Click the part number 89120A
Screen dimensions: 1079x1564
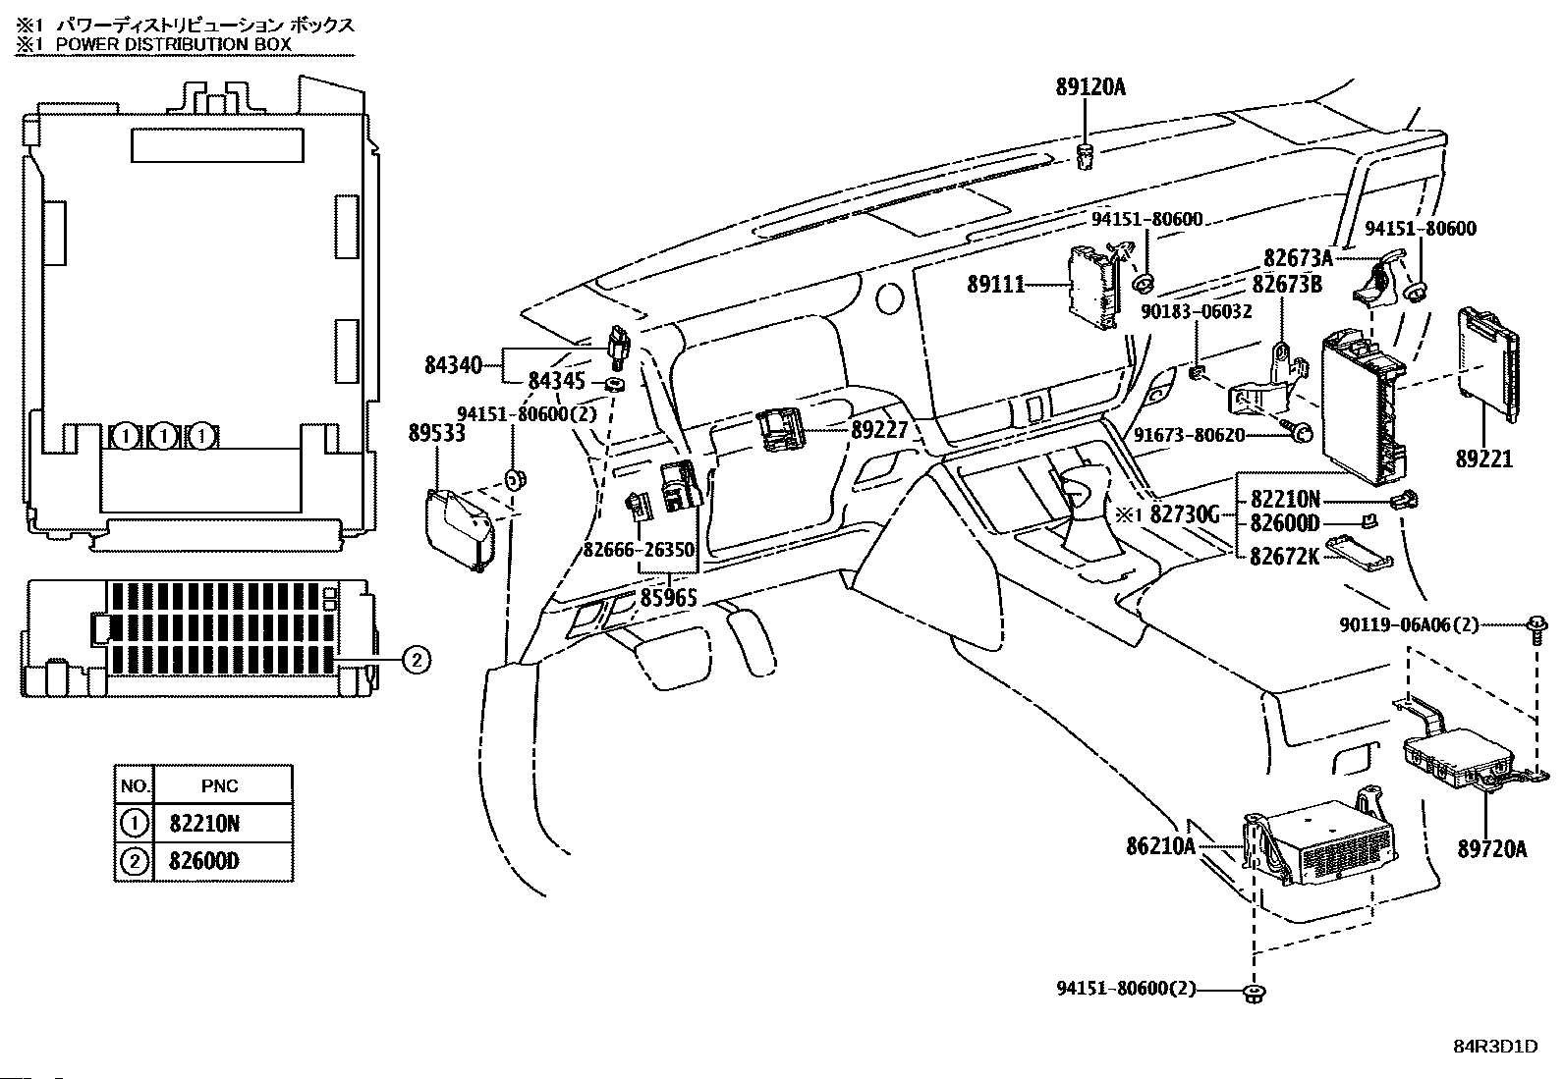coord(1090,87)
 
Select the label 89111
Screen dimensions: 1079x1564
coord(995,285)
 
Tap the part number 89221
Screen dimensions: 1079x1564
coord(1483,459)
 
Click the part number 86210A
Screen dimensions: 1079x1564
coord(1160,845)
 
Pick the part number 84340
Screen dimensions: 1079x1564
coord(453,365)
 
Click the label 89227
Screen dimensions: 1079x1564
coord(879,429)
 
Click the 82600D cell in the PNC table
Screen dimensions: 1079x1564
coord(203,862)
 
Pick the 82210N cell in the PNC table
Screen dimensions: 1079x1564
coord(203,823)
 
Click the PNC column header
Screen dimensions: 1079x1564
coord(219,785)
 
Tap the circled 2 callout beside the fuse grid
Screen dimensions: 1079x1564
coord(416,660)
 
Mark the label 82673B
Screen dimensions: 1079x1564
coord(1286,285)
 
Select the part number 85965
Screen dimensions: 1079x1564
coord(668,596)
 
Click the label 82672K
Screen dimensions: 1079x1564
coord(1284,557)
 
